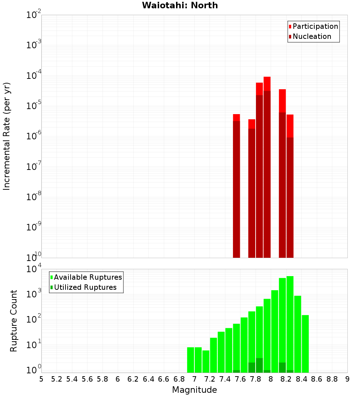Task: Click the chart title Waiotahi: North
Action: pyautogui.click(x=180, y=5)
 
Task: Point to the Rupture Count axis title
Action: pyautogui.click(x=14, y=320)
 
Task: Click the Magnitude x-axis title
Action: pyautogui.click(x=194, y=390)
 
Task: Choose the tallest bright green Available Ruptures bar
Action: pyautogui.click(x=290, y=324)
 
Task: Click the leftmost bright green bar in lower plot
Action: pyautogui.click(x=190, y=360)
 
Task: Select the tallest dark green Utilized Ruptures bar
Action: pyautogui.click(x=259, y=365)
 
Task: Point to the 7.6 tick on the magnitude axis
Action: pyautogui.click(x=240, y=379)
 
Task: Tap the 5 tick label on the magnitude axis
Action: pyautogui.click(x=41, y=379)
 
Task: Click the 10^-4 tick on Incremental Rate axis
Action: pyautogui.click(x=33, y=76)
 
